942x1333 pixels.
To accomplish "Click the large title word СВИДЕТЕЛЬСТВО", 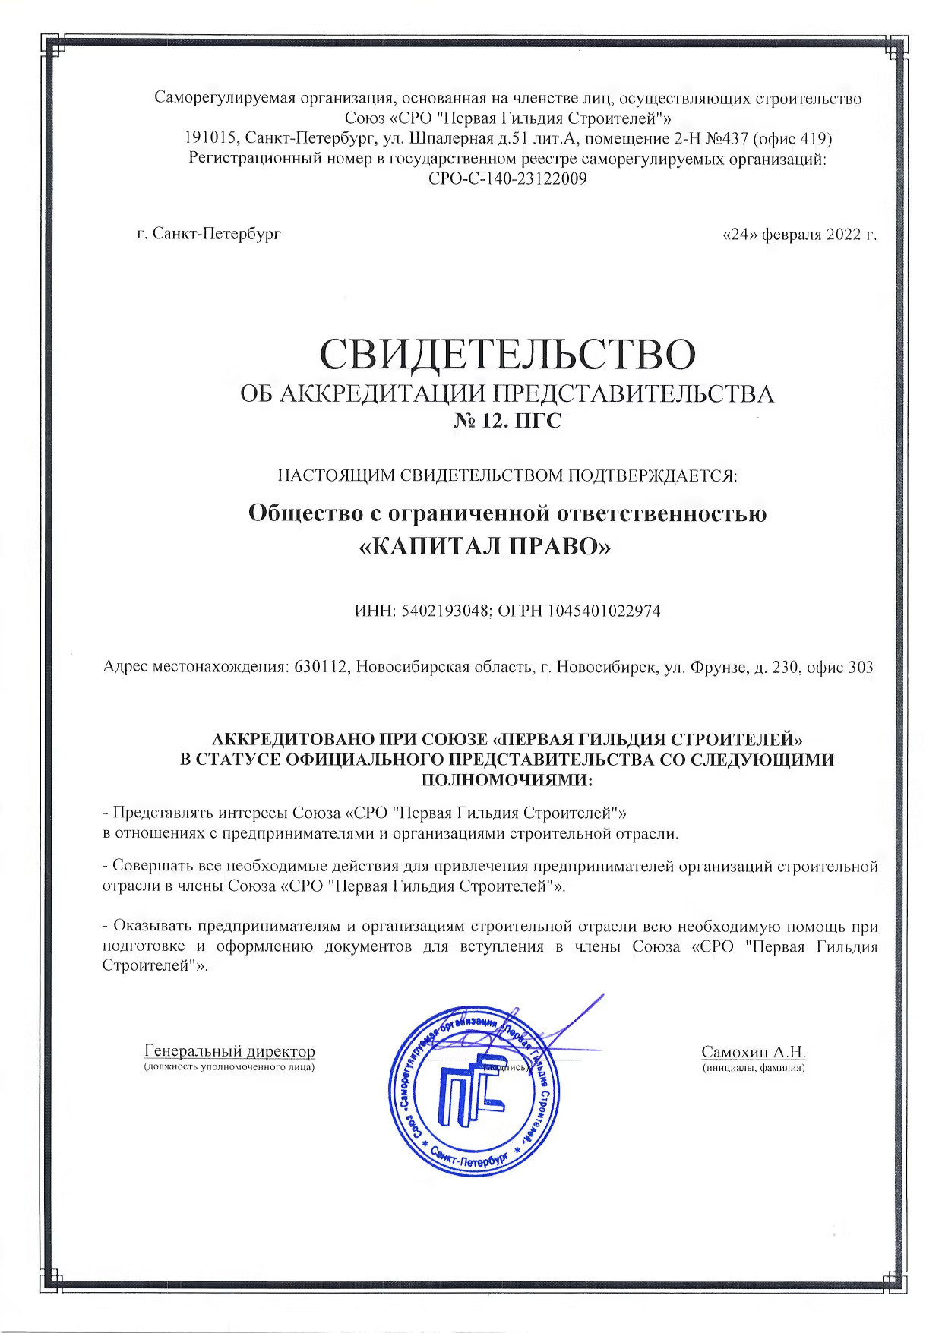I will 507,353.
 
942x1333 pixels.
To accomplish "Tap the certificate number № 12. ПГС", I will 507,420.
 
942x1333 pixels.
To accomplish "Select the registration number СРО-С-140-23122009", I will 507,179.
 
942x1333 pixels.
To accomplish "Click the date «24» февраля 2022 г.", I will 800,234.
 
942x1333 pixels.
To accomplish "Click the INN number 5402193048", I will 441,611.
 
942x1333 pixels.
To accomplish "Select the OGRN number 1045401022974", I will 603,611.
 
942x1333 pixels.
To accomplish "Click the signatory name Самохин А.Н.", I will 753,1052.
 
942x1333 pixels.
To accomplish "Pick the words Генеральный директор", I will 229,1051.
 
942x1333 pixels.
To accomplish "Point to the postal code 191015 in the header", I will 210,139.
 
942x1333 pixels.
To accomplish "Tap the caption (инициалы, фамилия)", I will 753,1068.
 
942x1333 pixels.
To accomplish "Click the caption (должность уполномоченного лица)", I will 229,1067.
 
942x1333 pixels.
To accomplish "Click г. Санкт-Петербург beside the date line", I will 209,234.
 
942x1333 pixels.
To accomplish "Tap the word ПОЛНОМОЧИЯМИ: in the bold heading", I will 507,779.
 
